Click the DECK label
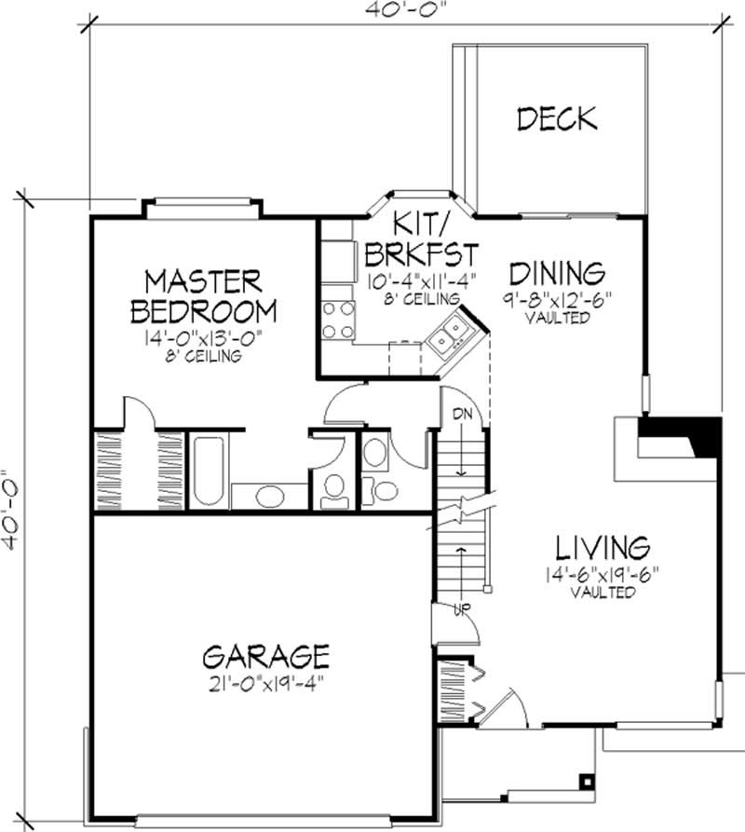pyautogui.click(x=556, y=118)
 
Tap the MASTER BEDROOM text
pyautogui.click(x=203, y=295)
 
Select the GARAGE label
pyautogui.click(x=265, y=654)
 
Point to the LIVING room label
pyautogui.click(x=603, y=545)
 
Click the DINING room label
pyautogui.click(x=557, y=273)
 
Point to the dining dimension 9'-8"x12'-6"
pyautogui.click(x=557, y=300)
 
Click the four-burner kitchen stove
pyautogui.click(x=337, y=319)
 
